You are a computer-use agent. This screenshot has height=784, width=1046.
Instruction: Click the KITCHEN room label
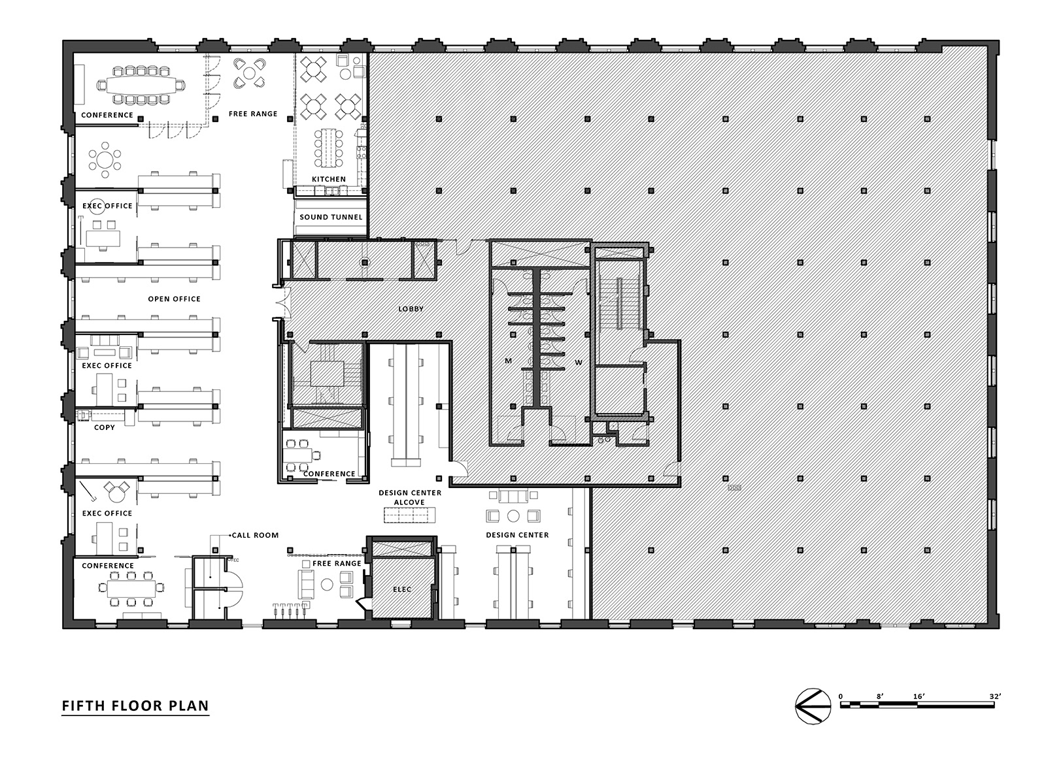[329, 179]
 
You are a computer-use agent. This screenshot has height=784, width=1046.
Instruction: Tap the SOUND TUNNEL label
[331, 217]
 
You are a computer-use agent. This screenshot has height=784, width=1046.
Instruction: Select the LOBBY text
[411, 309]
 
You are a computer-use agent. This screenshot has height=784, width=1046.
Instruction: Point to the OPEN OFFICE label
[175, 299]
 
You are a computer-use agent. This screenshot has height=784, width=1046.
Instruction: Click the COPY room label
[105, 427]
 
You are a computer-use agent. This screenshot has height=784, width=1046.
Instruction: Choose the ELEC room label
[402, 589]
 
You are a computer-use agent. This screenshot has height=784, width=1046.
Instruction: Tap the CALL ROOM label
[255, 535]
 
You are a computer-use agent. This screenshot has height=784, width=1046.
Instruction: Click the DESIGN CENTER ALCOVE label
[410, 497]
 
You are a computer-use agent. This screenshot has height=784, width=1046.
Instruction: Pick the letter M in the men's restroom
[508, 361]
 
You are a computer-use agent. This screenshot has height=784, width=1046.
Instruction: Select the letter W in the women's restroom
[579, 362]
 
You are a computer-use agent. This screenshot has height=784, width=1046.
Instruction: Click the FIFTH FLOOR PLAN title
[135, 706]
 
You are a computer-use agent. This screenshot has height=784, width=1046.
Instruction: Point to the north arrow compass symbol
[813, 706]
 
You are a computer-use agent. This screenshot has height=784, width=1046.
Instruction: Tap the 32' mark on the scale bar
[995, 696]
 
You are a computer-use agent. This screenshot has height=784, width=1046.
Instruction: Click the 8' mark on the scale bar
[880, 696]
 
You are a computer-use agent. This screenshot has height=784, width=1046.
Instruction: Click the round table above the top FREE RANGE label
[250, 73]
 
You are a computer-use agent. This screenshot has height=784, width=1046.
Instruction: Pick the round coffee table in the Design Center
[513, 515]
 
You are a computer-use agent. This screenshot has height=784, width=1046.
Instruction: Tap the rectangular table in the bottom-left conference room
[131, 589]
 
